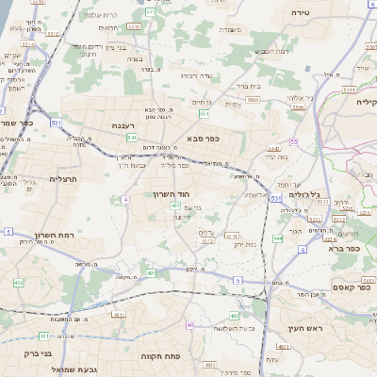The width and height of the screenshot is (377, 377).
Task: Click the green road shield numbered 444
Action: coord(277,238)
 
